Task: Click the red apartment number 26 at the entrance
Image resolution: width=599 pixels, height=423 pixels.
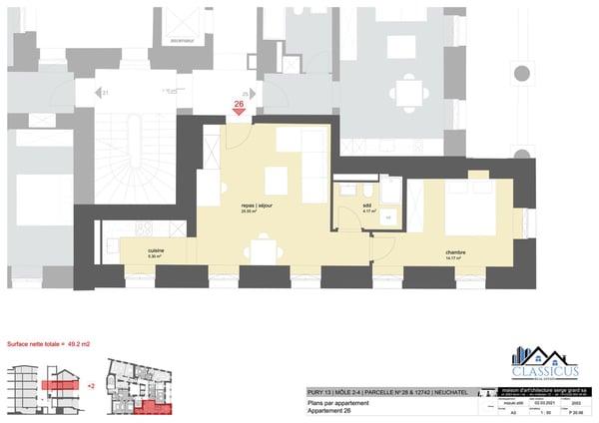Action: (x=239, y=102)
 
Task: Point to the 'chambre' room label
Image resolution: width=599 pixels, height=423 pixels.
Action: (x=456, y=252)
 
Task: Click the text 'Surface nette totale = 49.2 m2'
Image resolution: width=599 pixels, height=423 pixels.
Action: (x=49, y=343)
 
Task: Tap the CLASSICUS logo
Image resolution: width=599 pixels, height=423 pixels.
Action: (x=544, y=364)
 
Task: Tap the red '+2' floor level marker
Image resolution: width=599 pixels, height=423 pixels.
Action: (x=92, y=382)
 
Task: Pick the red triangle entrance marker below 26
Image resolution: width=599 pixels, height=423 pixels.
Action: (x=239, y=112)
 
